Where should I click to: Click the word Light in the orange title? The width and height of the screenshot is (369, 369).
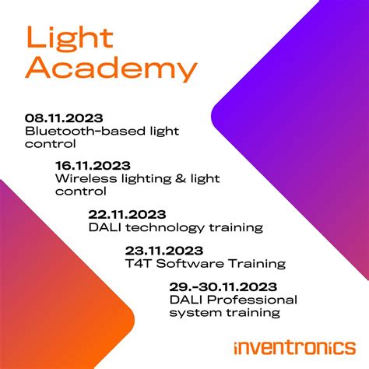click(x=69, y=37)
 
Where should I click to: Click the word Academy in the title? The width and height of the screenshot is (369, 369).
click(x=111, y=69)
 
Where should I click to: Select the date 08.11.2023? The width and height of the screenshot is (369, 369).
click(x=62, y=118)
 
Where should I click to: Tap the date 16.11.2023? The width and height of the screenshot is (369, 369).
click(x=93, y=165)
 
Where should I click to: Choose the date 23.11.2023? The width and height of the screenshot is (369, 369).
click(x=163, y=251)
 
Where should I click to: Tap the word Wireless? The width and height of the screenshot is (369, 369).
click(x=80, y=177)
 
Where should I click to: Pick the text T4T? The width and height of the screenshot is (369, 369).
click(x=137, y=263)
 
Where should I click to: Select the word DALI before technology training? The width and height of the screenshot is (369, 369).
click(x=104, y=227)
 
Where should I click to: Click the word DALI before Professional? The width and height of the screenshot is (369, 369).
click(x=184, y=300)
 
